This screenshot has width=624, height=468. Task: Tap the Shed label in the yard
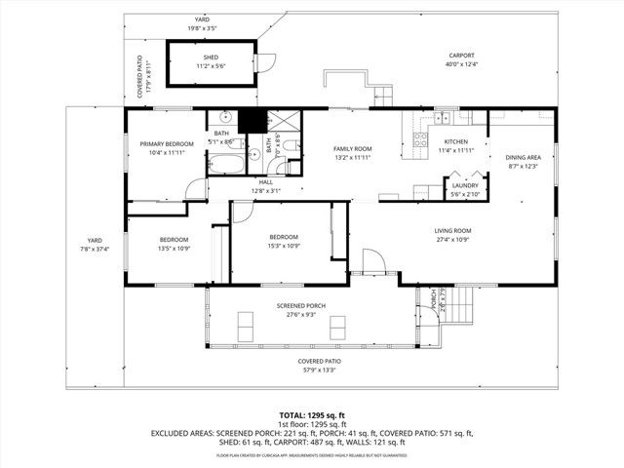point(183,57)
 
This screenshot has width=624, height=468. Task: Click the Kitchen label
point(456,142)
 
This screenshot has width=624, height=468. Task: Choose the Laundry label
point(463,185)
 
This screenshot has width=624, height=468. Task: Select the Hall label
point(265,182)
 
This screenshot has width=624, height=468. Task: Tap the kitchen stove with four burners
point(420,139)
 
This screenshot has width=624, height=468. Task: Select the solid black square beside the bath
point(252,121)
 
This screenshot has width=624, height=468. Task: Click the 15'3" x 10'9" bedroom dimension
point(284,246)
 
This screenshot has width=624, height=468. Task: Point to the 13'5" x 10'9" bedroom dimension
point(174,248)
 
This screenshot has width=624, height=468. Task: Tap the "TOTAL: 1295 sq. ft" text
point(312,415)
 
